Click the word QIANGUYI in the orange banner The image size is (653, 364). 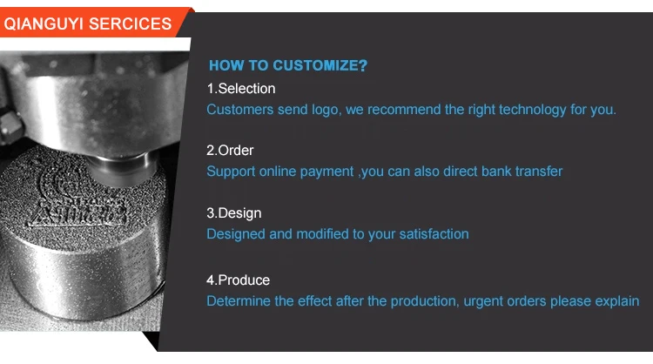[44, 24]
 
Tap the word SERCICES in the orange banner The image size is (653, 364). [130, 24]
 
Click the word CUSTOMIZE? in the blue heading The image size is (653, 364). [320, 65]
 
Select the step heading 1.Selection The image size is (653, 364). [241, 89]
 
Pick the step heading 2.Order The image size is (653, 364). [230, 151]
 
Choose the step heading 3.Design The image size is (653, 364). [234, 213]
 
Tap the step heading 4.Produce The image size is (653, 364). [239, 280]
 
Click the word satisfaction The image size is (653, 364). [434, 234]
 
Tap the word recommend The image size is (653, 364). [403, 110]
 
